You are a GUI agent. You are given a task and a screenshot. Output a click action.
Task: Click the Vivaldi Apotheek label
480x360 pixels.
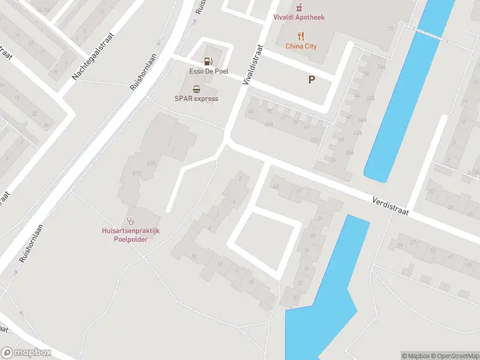(x=299, y=17)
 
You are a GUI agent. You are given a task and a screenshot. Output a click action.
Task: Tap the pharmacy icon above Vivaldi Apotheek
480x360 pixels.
(x=299, y=7)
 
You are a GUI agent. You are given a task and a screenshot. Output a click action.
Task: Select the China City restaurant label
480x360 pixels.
(x=301, y=46)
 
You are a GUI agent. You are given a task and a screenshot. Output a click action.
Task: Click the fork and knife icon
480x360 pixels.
(x=301, y=36)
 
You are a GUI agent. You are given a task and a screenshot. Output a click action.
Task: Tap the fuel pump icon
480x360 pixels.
(x=208, y=61)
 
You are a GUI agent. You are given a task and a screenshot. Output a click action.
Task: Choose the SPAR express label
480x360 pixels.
(x=196, y=98)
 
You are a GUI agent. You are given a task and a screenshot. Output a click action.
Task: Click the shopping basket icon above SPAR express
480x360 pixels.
(x=196, y=88)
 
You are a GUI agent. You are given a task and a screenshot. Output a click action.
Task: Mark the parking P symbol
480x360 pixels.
(x=311, y=79)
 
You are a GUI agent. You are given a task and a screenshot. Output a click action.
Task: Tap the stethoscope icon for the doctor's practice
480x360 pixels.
(x=130, y=221)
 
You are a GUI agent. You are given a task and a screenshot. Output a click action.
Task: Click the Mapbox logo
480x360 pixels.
(x=26, y=353)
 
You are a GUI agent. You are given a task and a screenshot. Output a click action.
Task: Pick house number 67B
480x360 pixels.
(x=137, y=173)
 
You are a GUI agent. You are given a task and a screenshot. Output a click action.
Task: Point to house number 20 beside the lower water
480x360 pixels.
(x=296, y=298)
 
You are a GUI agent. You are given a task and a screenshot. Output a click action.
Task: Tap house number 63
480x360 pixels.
(x=276, y=187)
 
